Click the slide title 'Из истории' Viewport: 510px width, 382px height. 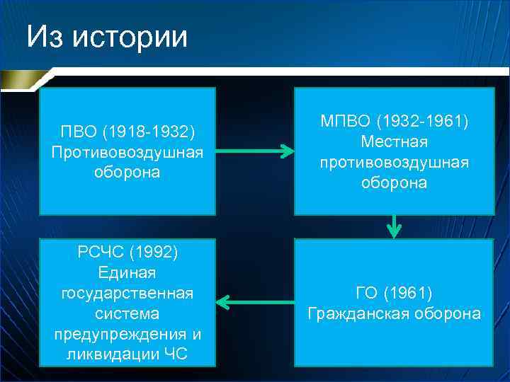coord(107,35)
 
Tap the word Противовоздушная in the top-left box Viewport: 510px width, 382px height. coord(127,152)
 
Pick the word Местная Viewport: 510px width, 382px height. coord(394,142)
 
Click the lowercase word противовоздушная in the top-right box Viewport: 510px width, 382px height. coord(394,163)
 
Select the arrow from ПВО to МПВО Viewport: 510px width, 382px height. coord(254,151)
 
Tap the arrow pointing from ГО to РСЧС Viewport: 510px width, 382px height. coord(254,303)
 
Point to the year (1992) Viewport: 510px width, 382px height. coord(154,253)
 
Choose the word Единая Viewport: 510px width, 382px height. coord(127,272)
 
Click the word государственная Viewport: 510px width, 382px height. coord(127,292)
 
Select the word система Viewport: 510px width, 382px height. coord(127,313)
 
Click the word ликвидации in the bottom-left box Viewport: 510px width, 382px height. coord(108,354)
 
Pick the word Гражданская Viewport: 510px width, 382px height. coord(358,313)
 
